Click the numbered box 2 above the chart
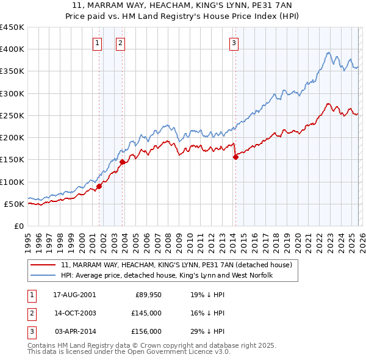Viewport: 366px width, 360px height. (121, 43)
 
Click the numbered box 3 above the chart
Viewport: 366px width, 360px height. (234, 43)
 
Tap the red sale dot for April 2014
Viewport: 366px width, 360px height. (235, 157)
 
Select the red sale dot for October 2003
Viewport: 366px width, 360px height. (122, 162)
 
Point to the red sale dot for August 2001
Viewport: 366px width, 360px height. (99, 186)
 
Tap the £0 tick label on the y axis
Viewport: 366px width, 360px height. (18, 226)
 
